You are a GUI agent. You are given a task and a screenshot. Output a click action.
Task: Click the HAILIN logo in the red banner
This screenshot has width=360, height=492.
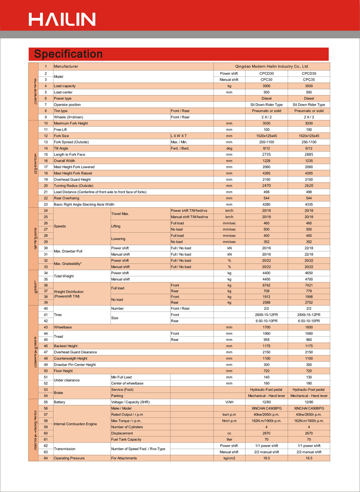pyautogui.click(x=62, y=19)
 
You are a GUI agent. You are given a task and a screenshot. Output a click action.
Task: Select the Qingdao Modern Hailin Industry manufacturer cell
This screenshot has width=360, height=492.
pyautogui.click(x=272, y=66)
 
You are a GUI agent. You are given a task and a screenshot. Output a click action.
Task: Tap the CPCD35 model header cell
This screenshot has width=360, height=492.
pyautogui.click(x=309, y=73)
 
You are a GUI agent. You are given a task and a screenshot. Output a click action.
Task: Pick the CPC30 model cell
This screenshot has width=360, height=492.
pyautogui.click(x=266, y=79)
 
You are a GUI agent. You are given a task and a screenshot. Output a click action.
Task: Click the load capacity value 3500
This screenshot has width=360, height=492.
pyautogui.click(x=309, y=86)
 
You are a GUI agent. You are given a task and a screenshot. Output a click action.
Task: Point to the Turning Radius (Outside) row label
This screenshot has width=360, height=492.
pyautogui.click(x=73, y=185)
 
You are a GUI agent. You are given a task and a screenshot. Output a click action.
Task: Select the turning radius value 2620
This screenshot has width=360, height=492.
pyautogui.click(x=309, y=185)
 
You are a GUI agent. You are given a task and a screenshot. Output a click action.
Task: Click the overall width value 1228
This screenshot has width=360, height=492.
pyautogui.click(x=266, y=160)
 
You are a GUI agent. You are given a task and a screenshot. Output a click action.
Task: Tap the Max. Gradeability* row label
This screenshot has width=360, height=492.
pyautogui.click(x=68, y=263)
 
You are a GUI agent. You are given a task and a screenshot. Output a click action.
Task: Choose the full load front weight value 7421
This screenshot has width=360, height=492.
pyautogui.click(x=309, y=285)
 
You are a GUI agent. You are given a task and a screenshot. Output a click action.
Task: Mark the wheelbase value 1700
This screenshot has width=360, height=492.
pyautogui.click(x=266, y=327)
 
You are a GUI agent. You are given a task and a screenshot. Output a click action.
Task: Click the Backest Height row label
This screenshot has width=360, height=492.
pyautogui.click(x=66, y=346)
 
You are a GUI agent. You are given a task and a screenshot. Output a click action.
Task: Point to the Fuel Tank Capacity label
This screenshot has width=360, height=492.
pyautogui.click(x=126, y=440)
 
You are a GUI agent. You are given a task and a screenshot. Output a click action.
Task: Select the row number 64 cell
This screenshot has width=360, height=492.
pyautogui.click(x=46, y=458)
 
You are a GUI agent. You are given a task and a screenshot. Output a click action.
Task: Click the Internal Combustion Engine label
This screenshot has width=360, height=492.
pyautogui.click(x=75, y=424)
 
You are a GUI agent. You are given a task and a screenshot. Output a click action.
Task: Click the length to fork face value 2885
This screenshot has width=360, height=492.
pyautogui.click(x=309, y=154)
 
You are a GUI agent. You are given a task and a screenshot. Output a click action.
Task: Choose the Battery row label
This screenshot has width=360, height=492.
pyautogui.click(x=60, y=402)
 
